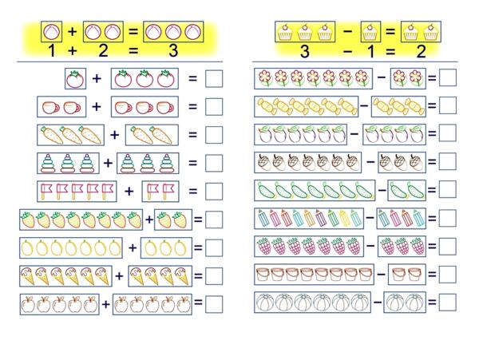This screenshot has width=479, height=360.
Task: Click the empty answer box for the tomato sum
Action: click(214, 79)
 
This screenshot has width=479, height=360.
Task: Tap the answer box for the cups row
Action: click(214, 107)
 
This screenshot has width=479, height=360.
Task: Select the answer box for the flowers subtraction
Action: click(448, 77)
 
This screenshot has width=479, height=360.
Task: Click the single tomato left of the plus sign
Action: click(75, 80)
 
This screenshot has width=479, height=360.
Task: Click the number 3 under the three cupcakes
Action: click(305, 51)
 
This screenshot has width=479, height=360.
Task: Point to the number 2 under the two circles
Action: click(103, 50)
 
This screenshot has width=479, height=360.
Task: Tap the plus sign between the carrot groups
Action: click(114, 135)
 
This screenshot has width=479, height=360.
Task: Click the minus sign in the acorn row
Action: click(370, 161)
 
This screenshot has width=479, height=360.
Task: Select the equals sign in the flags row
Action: click(192, 191)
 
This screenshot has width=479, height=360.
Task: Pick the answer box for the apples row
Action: click(214, 304)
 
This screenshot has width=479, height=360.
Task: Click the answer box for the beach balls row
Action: click(448, 303)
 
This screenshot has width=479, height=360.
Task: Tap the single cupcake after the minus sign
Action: click(370, 32)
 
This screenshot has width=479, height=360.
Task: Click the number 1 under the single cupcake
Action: click(371, 51)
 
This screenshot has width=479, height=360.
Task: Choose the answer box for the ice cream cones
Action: click(214, 276)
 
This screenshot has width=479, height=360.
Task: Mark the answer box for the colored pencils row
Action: click(448, 218)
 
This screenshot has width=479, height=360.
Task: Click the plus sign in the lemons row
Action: click(133, 247)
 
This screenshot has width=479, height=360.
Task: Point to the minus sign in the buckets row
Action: click(381, 274)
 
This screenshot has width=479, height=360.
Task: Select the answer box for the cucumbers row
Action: click(448, 189)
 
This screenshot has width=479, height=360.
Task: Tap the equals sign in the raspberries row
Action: click(432, 246)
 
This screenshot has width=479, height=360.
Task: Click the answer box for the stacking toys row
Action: click(214, 163)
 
